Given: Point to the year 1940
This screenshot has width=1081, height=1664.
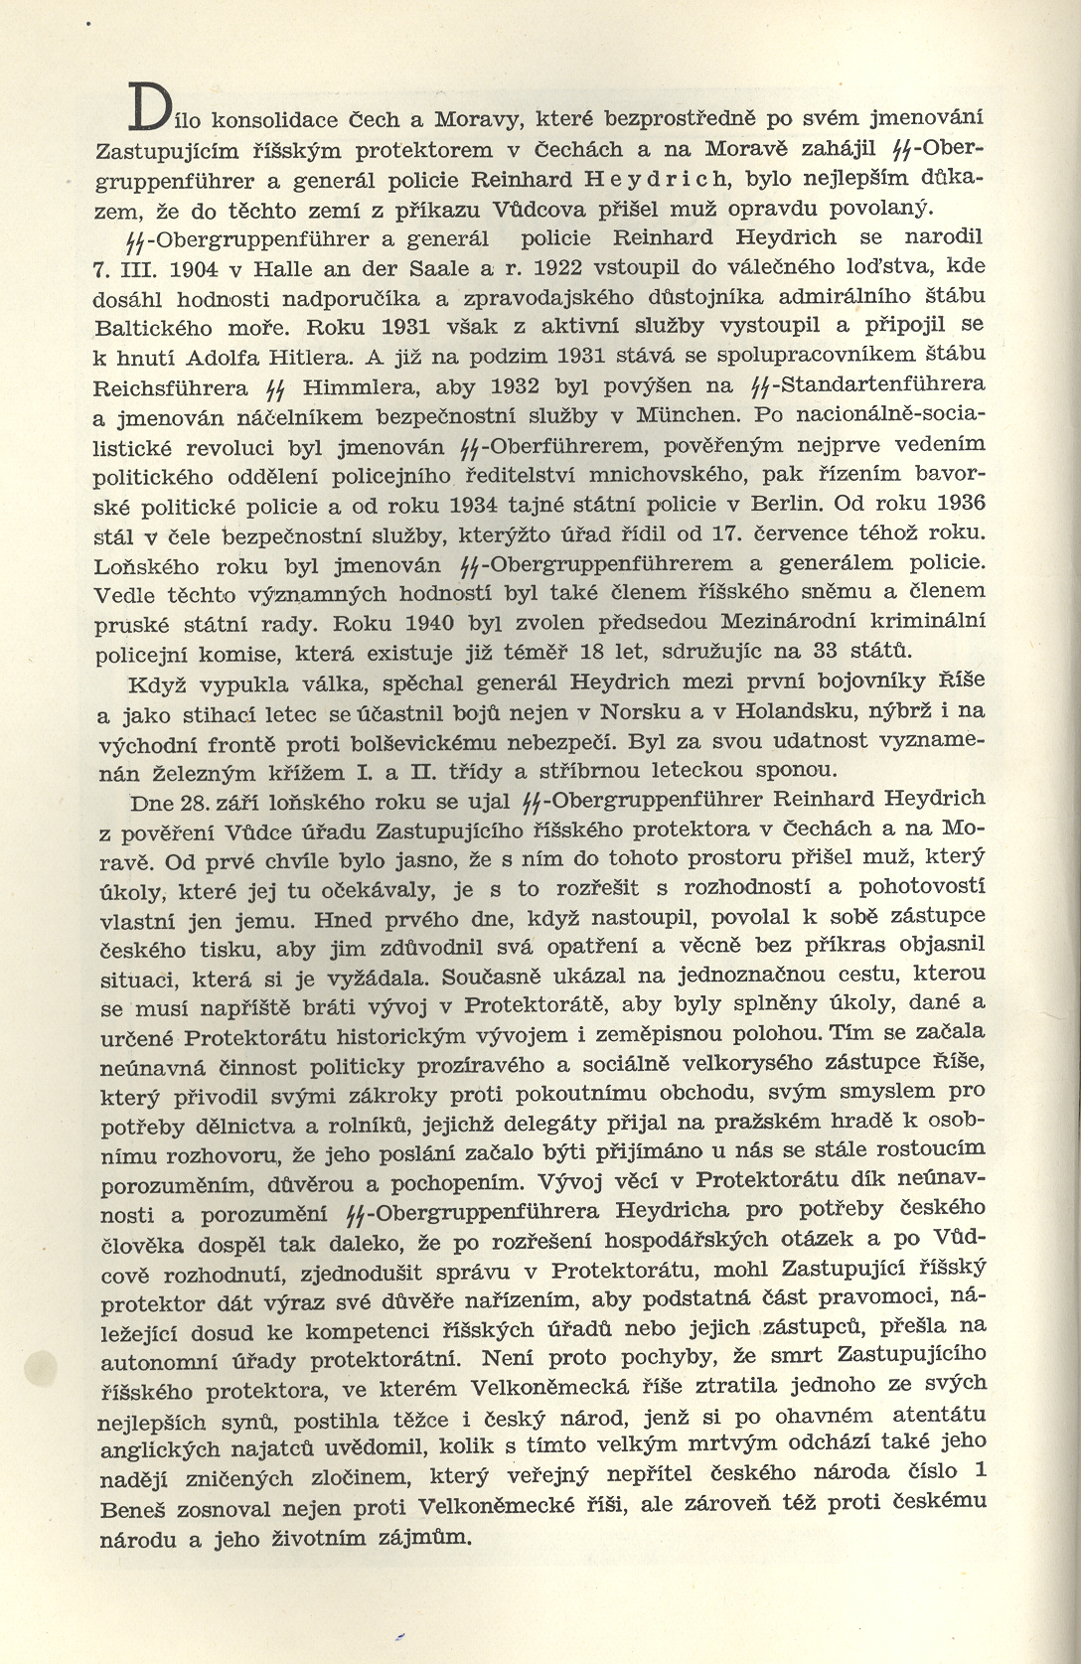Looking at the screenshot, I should click(422, 622).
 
